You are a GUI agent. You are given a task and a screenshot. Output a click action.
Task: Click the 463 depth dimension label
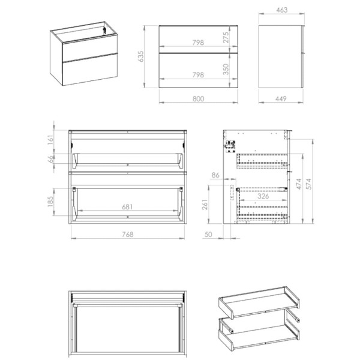click(x=282, y=10)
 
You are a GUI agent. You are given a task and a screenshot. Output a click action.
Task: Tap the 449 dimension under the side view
click(x=281, y=99)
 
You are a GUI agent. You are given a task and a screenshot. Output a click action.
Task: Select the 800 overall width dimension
click(x=198, y=99)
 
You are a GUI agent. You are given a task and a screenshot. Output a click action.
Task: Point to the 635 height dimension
click(x=140, y=56)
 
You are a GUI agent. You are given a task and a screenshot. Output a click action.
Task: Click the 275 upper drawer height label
click(x=226, y=37)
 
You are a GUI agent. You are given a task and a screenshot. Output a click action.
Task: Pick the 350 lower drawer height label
click(x=226, y=70)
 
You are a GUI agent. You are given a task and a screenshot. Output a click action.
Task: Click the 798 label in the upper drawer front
click(x=198, y=43)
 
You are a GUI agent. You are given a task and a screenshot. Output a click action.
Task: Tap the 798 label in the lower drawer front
click(x=198, y=75)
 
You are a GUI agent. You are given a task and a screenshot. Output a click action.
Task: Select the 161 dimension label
click(x=50, y=140)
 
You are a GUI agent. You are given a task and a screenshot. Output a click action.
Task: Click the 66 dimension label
click(x=50, y=159)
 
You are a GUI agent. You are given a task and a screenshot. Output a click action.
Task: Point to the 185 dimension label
click(x=50, y=202)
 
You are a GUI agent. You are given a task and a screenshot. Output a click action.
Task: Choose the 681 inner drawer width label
click(x=127, y=207)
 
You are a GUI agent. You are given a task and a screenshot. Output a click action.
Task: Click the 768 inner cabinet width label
click(x=127, y=235)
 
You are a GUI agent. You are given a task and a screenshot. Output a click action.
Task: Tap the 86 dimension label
click(x=215, y=175)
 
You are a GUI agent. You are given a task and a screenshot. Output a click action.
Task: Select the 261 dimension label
click(x=205, y=205)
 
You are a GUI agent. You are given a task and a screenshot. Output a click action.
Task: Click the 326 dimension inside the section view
click(x=263, y=196)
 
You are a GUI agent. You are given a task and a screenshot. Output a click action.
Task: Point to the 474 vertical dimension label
click(x=298, y=184)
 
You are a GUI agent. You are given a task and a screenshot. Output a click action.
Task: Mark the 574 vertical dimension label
click(x=309, y=184)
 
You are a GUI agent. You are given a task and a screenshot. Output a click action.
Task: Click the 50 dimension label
click(x=208, y=235)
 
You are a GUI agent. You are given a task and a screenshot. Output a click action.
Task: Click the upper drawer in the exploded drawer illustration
click(x=259, y=302)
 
